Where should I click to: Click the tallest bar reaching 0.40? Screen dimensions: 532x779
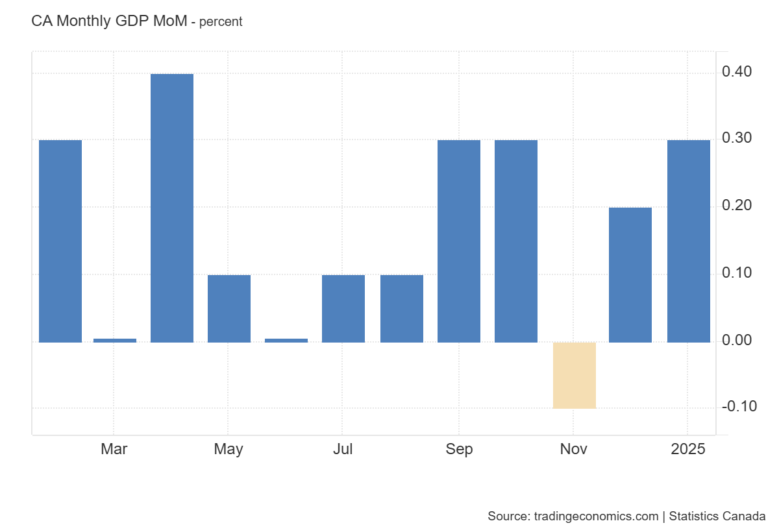click(172, 208)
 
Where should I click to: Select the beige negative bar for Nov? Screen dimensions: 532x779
click(574, 375)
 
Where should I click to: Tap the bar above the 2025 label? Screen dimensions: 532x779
click(689, 241)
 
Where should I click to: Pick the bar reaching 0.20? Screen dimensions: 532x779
click(630, 274)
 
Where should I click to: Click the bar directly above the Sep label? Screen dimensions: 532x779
click(459, 241)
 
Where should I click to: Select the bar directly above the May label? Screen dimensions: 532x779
click(229, 308)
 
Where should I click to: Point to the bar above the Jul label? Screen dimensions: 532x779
click(343, 308)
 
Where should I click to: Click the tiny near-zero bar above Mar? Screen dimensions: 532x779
click(115, 340)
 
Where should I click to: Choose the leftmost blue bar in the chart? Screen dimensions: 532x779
click(60, 241)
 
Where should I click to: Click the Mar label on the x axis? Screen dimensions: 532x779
click(114, 449)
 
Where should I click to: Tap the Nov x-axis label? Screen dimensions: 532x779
click(574, 449)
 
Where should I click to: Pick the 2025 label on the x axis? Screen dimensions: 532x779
click(688, 449)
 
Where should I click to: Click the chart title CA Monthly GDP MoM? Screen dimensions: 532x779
click(108, 21)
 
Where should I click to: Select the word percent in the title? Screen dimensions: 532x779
click(221, 21)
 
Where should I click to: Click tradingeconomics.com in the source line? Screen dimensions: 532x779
click(596, 516)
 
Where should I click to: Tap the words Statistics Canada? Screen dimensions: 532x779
click(717, 516)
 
